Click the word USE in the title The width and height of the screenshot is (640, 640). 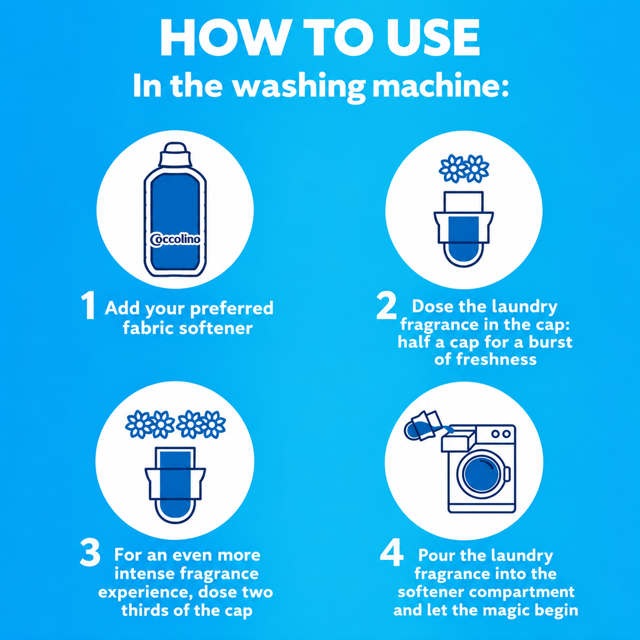(x=433, y=37)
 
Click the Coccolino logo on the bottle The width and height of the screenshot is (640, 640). (x=175, y=239)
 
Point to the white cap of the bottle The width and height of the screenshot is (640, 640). (x=175, y=155)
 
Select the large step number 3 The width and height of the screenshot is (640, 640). (x=90, y=553)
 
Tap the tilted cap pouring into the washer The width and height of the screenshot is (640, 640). (x=423, y=426)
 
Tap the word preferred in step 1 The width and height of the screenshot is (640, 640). (x=232, y=309)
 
